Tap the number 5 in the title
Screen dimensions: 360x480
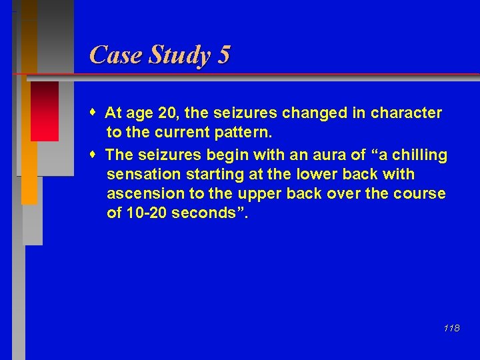point(223,55)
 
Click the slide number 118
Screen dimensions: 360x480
point(451,328)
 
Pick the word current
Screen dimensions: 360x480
point(185,132)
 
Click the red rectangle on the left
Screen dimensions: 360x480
point(44,111)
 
